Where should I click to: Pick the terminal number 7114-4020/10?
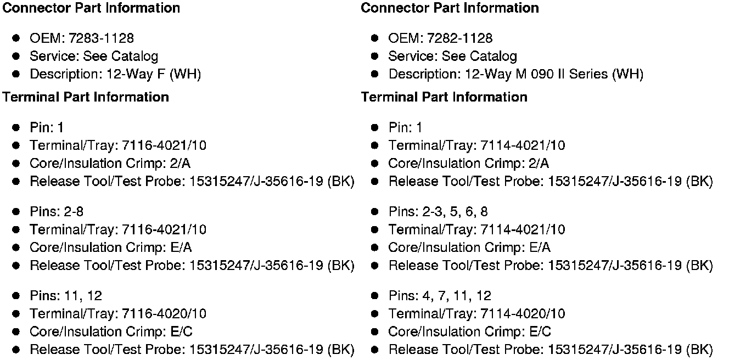pyautogui.click(x=523, y=314)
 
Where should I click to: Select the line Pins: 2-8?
pyautogui.click(x=57, y=212)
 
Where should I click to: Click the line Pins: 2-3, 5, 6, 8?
pyautogui.click(x=438, y=212)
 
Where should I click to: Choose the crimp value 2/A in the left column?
pyautogui.click(x=181, y=164)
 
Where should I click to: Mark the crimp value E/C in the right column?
pyautogui.click(x=540, y=331)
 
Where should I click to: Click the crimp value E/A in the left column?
pyautogui.click(x=182, y=248)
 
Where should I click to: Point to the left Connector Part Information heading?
pyautogui.click(x=91, y=8)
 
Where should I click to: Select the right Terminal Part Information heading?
pyautogui.click(x=444, y=97)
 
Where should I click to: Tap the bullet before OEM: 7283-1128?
pyautogui.click(x=16, y=38)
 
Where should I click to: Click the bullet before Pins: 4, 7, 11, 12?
pyautogui.click(x=375, y=296)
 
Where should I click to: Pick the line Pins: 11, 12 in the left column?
pyautogui.click(x=66, y=296)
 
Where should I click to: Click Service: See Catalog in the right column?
pyautogui.click(x=452, y=57)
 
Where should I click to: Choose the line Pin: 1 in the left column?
pyautogui.click(x=47, y=128)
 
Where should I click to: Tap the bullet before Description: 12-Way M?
pyautogui.click(x=375, y=74)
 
